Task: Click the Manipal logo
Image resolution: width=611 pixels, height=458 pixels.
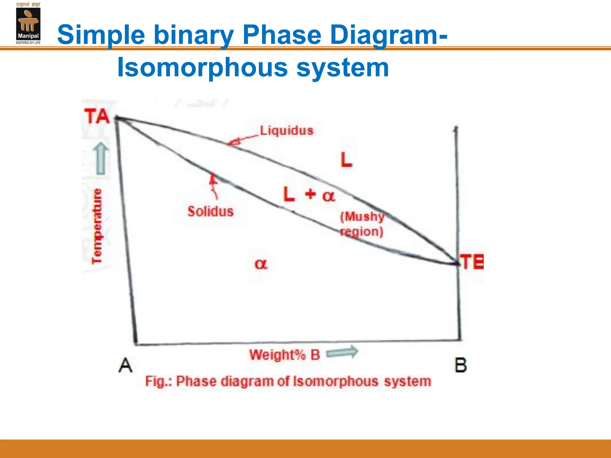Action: click(28, 24)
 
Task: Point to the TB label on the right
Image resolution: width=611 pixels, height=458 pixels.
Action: click(471, 262)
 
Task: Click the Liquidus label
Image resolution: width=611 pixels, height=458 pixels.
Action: click(286, 131)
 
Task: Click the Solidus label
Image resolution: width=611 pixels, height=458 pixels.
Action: click(211, 211)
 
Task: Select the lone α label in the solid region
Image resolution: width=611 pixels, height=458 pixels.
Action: click(261, 264)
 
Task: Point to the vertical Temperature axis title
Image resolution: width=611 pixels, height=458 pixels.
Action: click(97, 226)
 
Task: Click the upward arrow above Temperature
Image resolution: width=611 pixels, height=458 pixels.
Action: click(101, 158)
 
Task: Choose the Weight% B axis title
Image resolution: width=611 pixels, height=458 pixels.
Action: click(285, 355)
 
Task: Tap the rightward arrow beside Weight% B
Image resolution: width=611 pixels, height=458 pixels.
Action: click(342, 352)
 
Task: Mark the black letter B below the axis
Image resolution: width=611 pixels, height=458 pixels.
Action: click(460, 365)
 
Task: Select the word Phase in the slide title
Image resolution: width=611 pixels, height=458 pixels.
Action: click(282, 35)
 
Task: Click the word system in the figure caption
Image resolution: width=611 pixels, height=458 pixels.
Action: click(408, 381)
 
